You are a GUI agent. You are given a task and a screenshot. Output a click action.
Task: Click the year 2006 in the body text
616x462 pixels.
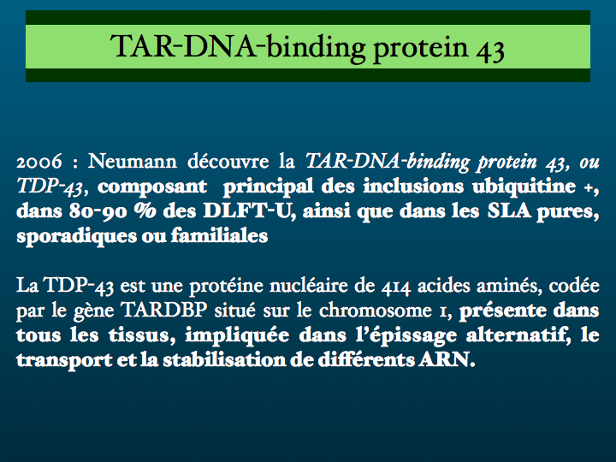click(39, 162)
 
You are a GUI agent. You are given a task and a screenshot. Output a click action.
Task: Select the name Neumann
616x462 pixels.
click(133, 161)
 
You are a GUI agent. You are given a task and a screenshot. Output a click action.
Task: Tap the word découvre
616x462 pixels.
click(228, 161)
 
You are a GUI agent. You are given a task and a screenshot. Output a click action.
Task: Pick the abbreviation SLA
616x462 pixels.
click(509, 211)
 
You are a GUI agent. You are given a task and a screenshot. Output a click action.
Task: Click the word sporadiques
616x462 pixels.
click(76, 236)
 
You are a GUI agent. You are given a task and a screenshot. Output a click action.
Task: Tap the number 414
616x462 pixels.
click(395, 287)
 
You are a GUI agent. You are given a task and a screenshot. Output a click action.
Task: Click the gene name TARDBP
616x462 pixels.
click(163, 310)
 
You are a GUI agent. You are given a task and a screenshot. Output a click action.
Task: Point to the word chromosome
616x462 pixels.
click(376, 311)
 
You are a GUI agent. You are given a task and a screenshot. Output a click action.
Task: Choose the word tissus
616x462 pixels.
click(142, 335)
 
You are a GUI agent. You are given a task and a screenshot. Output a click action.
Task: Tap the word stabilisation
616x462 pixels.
click(224, 360)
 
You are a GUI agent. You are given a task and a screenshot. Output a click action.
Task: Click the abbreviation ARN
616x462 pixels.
click(447, 360)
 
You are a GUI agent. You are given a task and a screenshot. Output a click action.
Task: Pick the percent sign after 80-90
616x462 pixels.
click(145, 211)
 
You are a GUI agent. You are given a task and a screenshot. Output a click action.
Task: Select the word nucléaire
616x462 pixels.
click(309, 286)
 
